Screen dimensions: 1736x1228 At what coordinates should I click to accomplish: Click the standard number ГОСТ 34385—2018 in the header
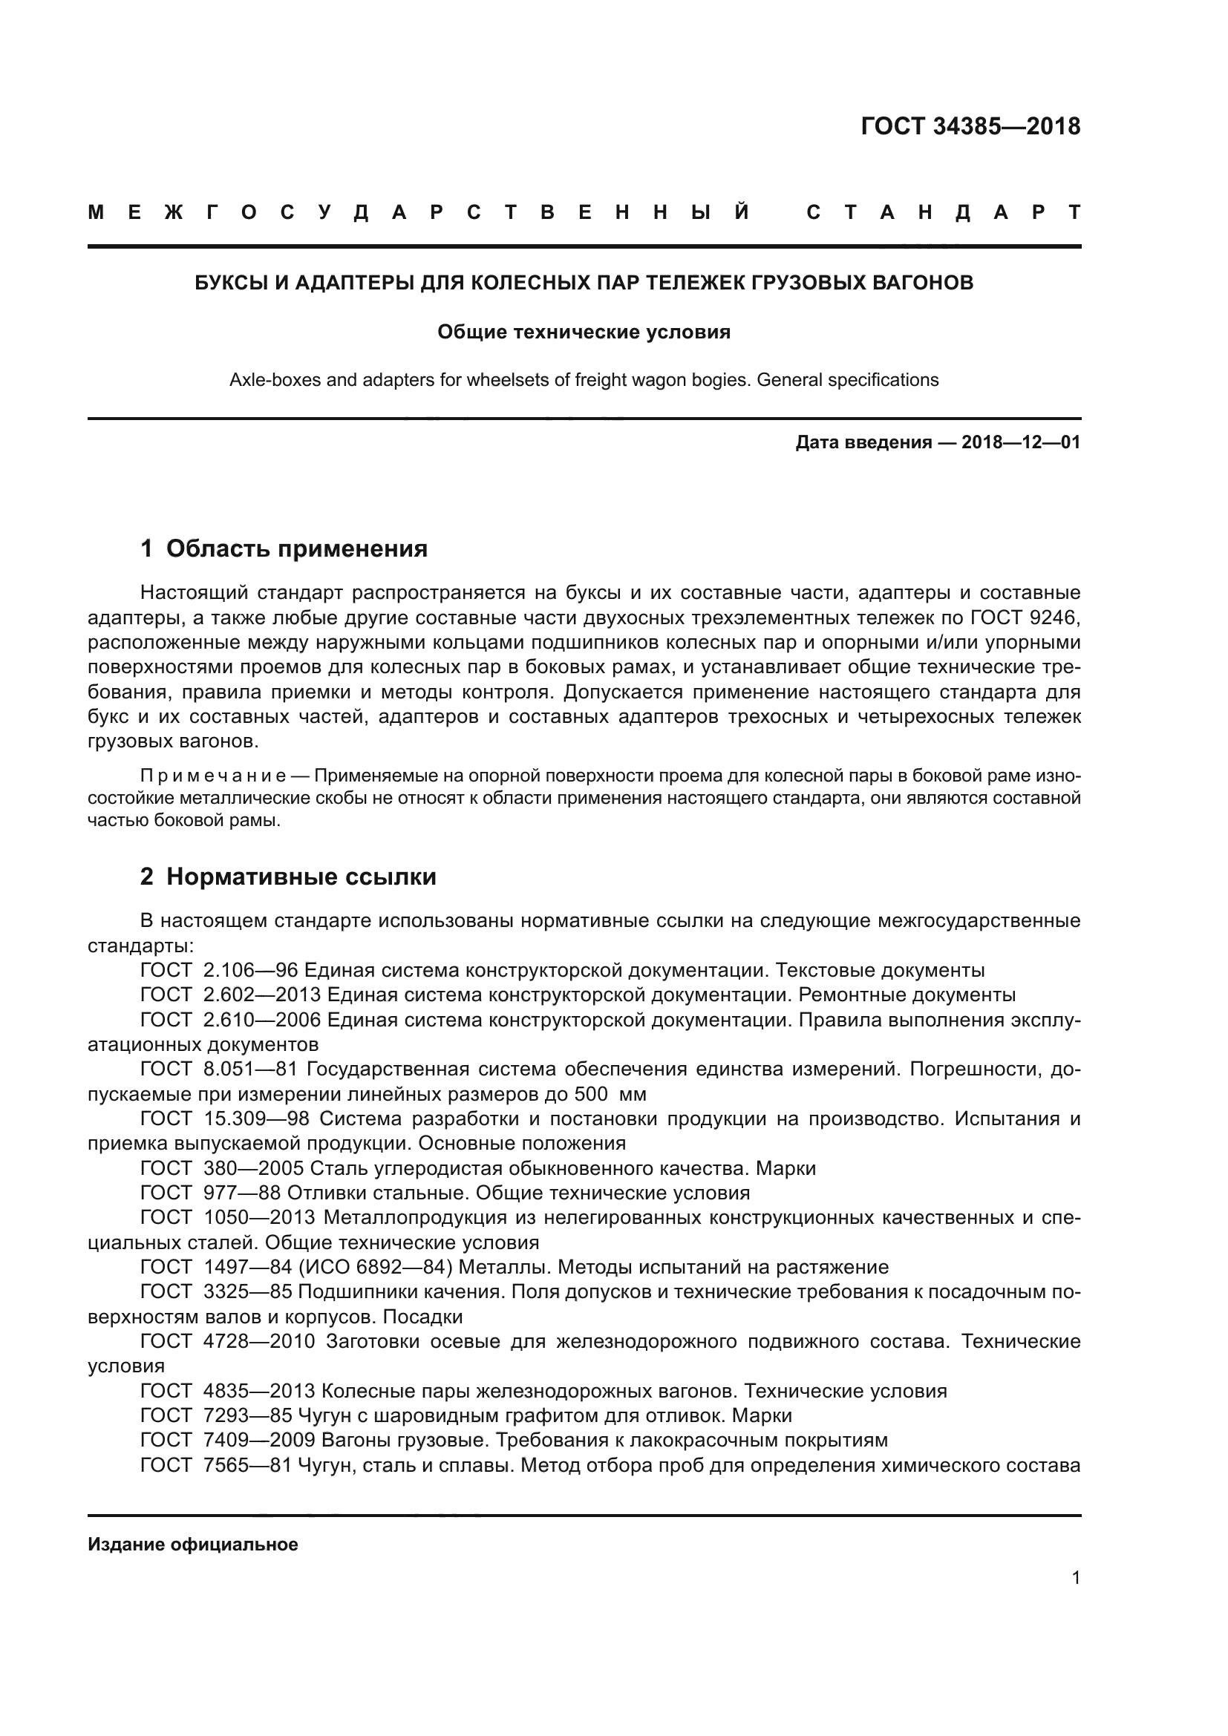[970, 126]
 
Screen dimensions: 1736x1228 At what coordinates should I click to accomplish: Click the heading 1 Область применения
[284, 548]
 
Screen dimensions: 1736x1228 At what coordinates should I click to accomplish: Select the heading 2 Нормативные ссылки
[288, 877]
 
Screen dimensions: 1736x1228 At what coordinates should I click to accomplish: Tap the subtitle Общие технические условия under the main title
[584, 332]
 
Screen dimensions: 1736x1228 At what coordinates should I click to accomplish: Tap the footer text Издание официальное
[193, 1545]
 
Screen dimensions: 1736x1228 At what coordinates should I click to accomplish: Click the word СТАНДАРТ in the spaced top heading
[943, 213]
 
